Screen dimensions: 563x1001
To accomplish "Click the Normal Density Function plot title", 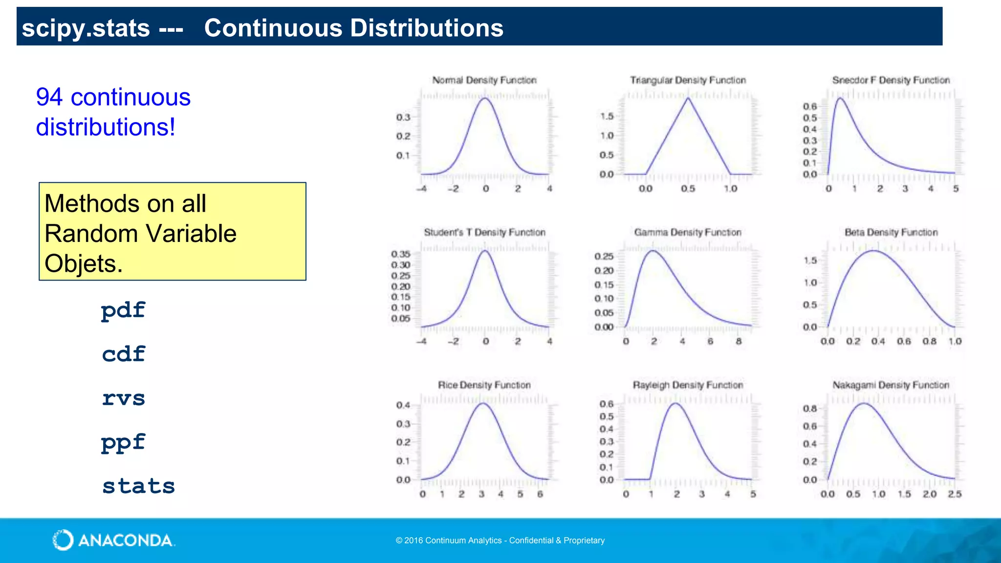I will pyautogui.click(x=484, y=80).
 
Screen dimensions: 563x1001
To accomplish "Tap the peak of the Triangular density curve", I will pyautogui.click(x=688, y=98).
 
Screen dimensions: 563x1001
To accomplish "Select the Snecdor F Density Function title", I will pyautogui.click(x=891, y=80).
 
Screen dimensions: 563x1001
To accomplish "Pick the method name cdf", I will pyautogui.click(x=123, y=354).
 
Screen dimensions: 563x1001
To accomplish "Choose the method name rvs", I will pyautogui.click(x=123, y=398).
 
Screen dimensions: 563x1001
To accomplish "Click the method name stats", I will pyautogui.click(x=138, y=486).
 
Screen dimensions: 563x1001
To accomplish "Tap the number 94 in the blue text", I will pyautogui.click(x=49, y=97).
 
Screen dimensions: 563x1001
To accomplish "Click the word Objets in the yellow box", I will pyautogui.click(x=83, y=264).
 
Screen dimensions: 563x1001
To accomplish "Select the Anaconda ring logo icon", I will pyautogui.click(x=63, y=540).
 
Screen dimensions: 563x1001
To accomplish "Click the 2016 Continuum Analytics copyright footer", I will pyautogui.click(x=500, y=541).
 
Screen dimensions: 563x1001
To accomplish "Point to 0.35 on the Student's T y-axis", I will pyautogui.click(x=400, y=254).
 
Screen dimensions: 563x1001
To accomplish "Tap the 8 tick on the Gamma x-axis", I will pyautogui.click(x=739, y=342).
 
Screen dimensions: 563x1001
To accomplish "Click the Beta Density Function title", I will pyautogui.click(x=891, y=233).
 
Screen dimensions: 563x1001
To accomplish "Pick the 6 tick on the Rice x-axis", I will pyautogui.click(x=540, y=495).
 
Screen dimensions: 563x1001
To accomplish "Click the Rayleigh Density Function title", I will pyautogui.click(x=688, y=385).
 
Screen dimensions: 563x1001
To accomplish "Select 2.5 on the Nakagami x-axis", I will pyautogui.click(x=954, y=495).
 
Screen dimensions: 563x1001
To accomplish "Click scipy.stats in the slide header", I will pyautogui.click(x=86, y=28).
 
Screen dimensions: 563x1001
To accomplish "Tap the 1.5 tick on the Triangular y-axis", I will pyautogui.click(x=607, y=116).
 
